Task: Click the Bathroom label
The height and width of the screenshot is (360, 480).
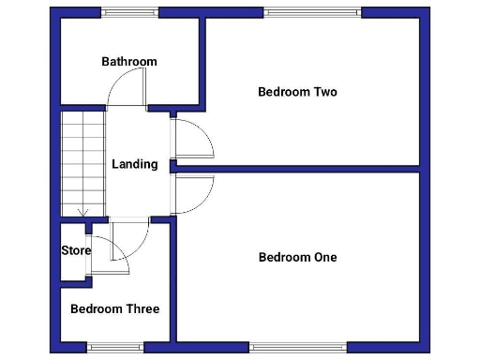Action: [129, 62]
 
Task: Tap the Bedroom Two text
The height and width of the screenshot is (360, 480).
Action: [297, 92]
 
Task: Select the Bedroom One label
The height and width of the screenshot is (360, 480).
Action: [297, 257]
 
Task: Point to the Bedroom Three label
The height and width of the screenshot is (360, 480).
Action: [114, 308]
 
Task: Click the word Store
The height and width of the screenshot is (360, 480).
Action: [76, 250]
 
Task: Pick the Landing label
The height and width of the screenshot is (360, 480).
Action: [135, 164]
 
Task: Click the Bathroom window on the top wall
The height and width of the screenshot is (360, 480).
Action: [130, 12]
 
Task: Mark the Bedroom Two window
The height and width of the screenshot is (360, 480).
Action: [311, 12]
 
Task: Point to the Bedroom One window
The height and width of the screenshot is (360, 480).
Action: [298, 347]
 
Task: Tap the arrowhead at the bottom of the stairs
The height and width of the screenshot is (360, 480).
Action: [83, 214]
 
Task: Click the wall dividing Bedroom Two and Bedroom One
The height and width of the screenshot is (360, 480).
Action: [297, 170]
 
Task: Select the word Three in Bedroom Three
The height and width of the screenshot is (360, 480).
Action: [142, 308]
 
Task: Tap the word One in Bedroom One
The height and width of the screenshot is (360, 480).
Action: [323, 257]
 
